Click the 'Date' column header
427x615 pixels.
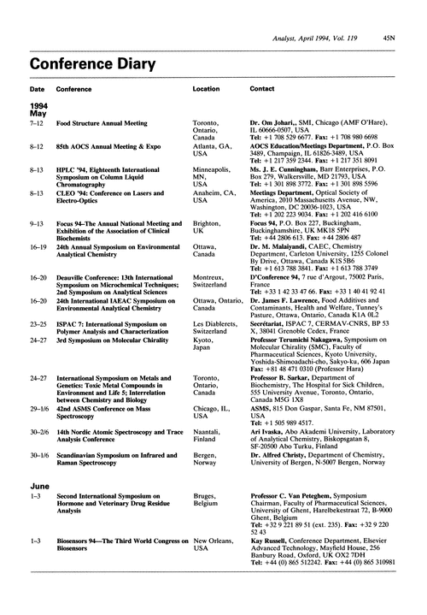point(38,112)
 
